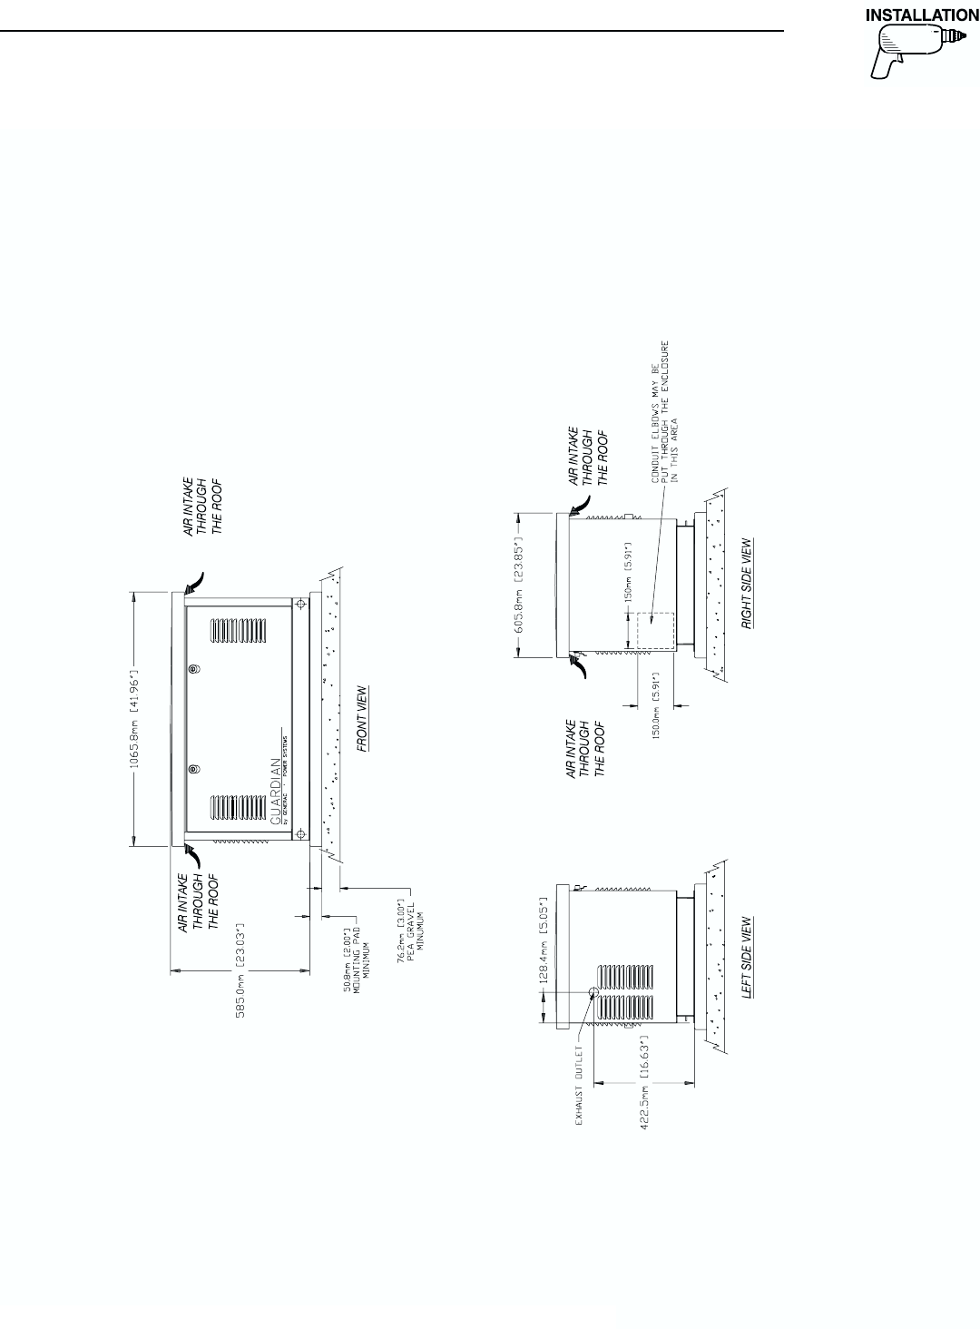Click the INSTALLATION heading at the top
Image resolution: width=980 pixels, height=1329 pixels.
[922, 15]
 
